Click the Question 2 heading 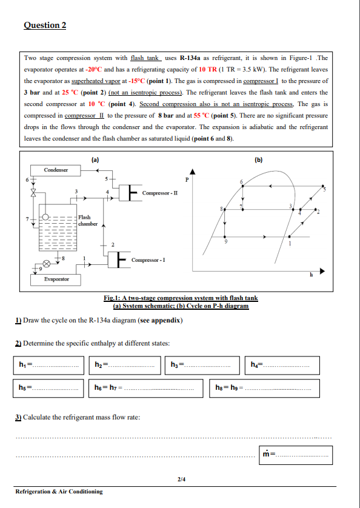45,25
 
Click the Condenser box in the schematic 56,170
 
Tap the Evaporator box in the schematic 56,278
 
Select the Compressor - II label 159,193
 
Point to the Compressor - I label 149,260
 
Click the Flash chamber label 84,221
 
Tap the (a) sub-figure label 95,160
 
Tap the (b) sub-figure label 259,160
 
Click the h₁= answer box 49,364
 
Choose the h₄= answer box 282,364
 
